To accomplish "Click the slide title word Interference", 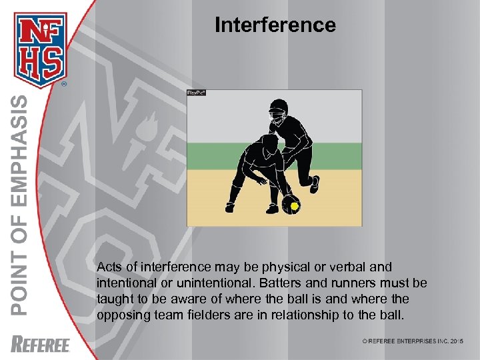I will pos(275,25).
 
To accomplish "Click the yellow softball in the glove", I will pos(294,207).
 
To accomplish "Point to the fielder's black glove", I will pos(289,203).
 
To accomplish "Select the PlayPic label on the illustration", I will pos(197,93).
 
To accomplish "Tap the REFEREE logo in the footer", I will pos(41,344).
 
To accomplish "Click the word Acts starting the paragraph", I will pos(109,267).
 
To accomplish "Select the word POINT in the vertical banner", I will pos(21,287).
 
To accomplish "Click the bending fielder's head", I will pos(269,143).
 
